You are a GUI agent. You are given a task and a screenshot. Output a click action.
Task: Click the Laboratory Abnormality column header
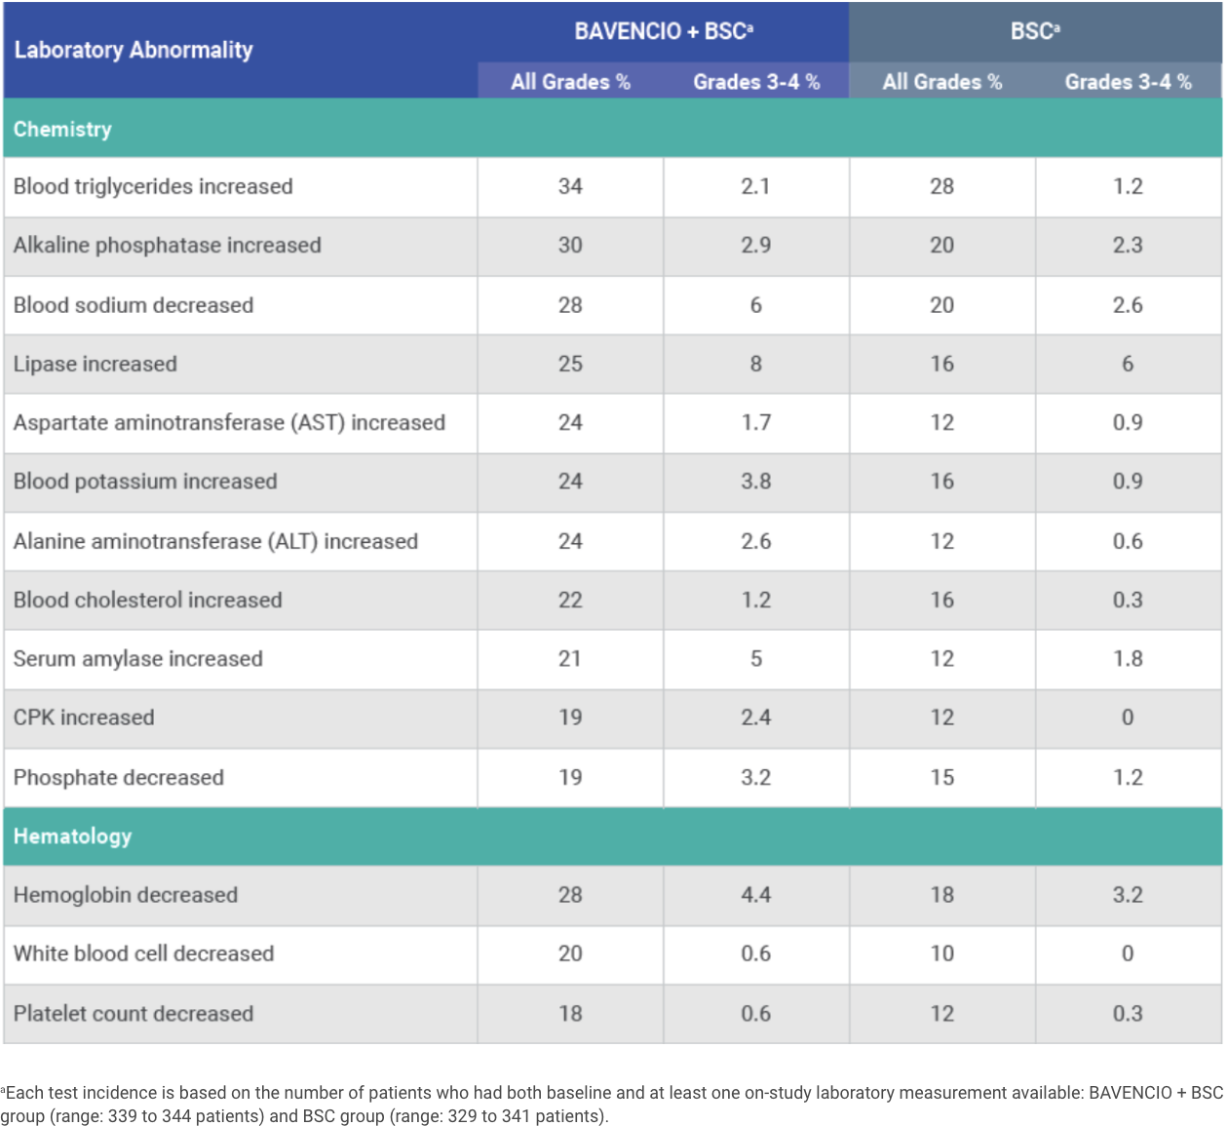click(134, 50)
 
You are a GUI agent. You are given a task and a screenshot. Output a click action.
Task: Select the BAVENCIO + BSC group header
click(663, 31)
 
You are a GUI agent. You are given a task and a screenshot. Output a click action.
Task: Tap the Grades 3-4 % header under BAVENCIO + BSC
click(756, 82)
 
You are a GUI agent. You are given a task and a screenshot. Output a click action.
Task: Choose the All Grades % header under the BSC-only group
click(941, 82)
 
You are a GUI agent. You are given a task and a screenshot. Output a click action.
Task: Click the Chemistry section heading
click(62, 129)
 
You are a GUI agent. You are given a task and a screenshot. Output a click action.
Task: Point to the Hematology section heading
click(72, 836)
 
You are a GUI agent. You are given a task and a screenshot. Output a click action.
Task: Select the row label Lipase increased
click(96, 364)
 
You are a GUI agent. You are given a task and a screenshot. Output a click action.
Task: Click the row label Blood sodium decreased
click(134, 305)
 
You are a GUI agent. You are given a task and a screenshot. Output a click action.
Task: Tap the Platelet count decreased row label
click(134, 1013)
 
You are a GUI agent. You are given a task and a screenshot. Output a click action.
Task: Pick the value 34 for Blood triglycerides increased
click(570, 186)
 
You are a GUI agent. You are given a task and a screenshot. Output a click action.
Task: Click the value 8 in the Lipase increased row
click(756, 364)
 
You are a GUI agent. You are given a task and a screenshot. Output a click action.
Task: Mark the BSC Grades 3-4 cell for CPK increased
click(1128, 718)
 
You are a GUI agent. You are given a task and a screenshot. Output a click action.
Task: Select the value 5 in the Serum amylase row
click(756, 659)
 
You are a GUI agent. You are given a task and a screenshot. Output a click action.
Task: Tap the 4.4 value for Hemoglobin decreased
click(756, 895)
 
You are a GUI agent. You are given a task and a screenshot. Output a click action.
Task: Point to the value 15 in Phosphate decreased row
click(941, 777)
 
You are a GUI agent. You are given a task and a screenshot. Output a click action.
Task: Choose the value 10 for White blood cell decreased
click(941, 953)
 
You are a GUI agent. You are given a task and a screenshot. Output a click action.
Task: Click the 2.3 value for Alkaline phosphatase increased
click(1128, 245)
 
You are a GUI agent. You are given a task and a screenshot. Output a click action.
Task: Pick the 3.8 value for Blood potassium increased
click(756, 481)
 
